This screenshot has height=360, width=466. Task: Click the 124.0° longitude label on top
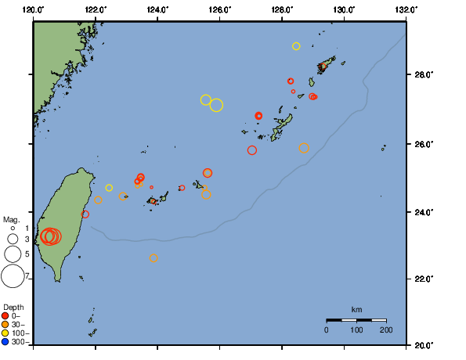(157, 9)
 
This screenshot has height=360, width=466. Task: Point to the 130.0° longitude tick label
(344, 9)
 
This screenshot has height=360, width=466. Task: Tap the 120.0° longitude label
(34, 9)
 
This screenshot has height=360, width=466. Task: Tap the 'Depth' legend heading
(13, 306)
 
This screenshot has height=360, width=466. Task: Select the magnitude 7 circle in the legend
(13, 275)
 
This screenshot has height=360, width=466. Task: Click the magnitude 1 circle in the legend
(13, 228)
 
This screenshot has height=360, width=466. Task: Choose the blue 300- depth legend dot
(5, 342)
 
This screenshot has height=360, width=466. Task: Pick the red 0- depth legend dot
(5, 316)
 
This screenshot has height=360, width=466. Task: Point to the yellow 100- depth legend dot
(5, 333)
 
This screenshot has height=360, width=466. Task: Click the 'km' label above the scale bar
(356, 309)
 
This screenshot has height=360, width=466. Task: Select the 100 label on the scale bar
(356, 331)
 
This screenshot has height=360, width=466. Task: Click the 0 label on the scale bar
(327, 331)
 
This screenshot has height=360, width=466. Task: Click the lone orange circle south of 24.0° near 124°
(154, 257)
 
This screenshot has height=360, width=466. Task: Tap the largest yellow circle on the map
(216, 105)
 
